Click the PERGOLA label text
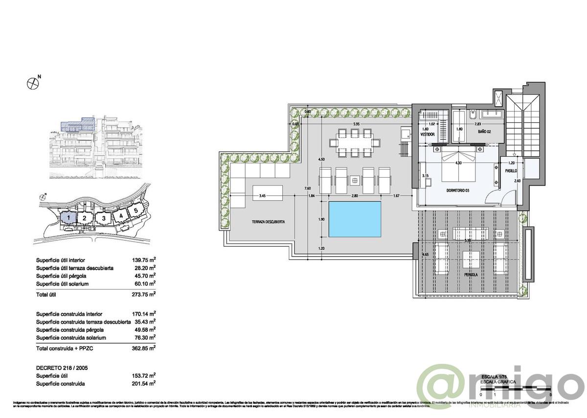coord(472,275)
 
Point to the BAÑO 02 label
coord(485,132)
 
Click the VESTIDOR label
coord(428,134)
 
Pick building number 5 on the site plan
coord(135,211)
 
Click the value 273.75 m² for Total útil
coord(145,294)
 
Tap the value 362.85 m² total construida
coord(145,348)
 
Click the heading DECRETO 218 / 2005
coord(63,367)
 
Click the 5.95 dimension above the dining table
coord(355,124)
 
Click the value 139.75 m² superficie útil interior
coord(145,260)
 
